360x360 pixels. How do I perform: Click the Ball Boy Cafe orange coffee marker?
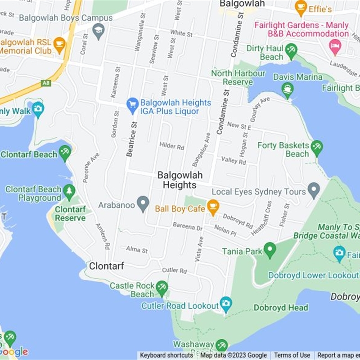[x=212, y=207]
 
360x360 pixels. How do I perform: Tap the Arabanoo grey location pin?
[x=143, y=204]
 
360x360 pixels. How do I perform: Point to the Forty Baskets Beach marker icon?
[x=317, y=148]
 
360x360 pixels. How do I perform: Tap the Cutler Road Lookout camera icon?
[x=226, y=304]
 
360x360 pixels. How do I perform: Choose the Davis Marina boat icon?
[x=288, y=90]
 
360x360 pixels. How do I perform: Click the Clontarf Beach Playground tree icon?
[x=69, y=192]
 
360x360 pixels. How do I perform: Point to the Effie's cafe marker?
[x=301, y=7]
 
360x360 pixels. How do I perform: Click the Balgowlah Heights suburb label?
[x=180, y=180]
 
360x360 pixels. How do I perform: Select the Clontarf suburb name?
[x=106, y=266]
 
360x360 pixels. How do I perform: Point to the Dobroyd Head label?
[x=281, y=308]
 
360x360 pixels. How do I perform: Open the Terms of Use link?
[x=292, y=355]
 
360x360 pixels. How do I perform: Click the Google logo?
[x=14, y=352]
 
